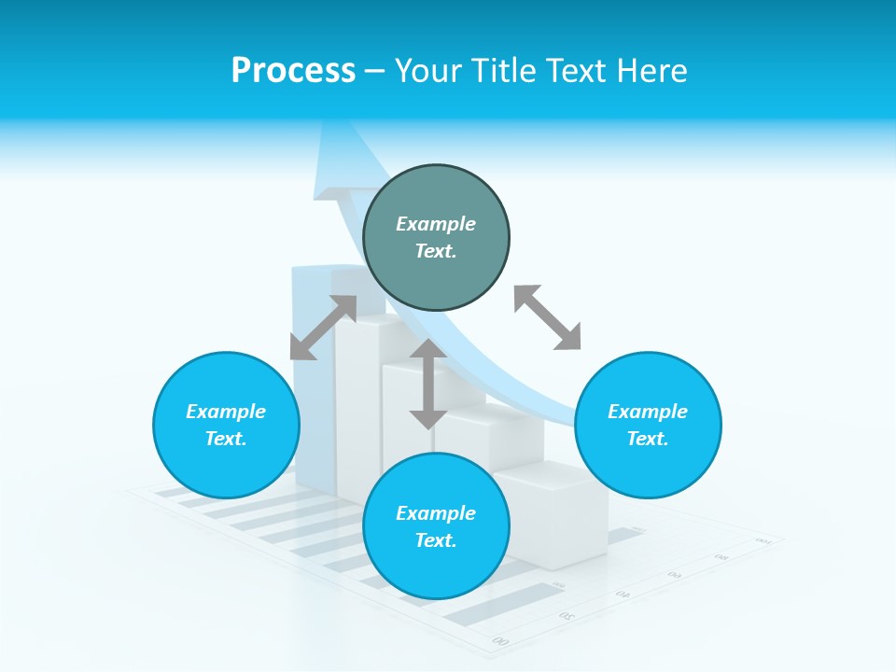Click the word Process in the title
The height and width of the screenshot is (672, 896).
(x=293, y=71)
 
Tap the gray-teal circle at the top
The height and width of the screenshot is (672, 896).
(x=436, y=238)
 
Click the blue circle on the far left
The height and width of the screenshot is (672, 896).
(x=226, y=425)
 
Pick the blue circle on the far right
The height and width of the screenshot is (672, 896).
(x=648, y=425)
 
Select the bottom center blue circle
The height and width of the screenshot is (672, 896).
(x=436, y=526)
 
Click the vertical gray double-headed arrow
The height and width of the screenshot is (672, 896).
(x=428, y=384)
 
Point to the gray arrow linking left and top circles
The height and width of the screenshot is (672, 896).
(x=323, y=328)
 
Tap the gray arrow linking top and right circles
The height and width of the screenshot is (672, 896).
(x=547, y=317)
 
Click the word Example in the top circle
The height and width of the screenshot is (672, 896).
(x=436, y=224)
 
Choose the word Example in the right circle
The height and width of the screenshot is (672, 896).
(x=648, y=412)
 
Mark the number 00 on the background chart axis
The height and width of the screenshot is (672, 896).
(x=501, y=640)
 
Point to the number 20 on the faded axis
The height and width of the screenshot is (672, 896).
(x=567, y=615)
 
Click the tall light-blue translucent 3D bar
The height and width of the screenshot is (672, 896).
(x=313, y=373)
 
